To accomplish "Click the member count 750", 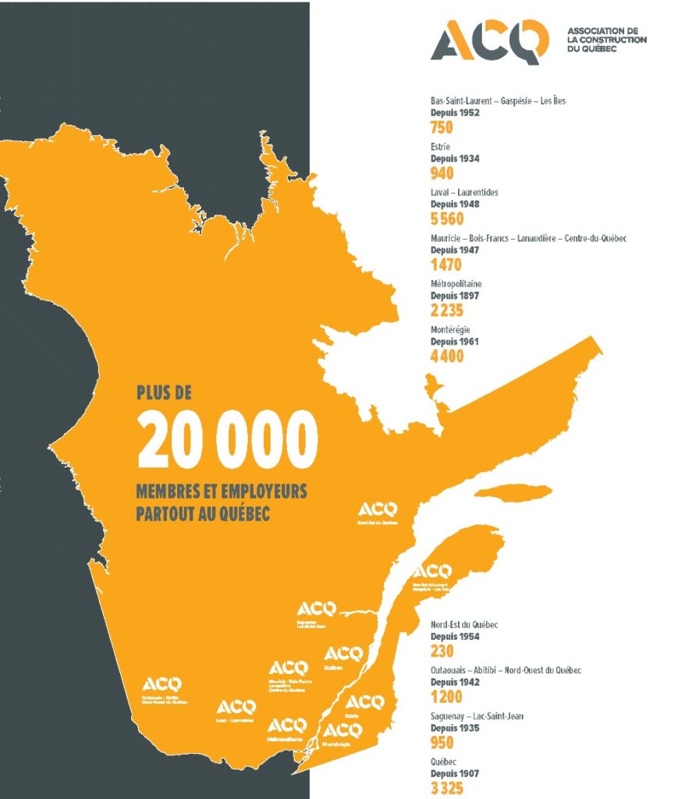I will click(x=442, y=128).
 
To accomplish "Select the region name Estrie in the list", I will click(x=441, y=147).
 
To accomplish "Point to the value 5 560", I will click(x=447, y=218).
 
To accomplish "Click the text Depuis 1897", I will click(x=455, y=296).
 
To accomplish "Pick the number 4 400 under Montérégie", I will click(x=447, y=356).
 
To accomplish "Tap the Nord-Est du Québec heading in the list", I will click(x=464, y=625).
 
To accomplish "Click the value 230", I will click(x=442, y=652).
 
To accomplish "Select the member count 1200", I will click(x=446, y=697).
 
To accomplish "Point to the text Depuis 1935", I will click(x=455, y=728).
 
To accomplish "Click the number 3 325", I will click(x=447, y=788).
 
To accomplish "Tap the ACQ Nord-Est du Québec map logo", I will click(x=378, y=511).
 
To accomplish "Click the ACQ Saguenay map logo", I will click(x=317, y=609).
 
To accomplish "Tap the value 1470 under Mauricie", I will click(x=446, y=265).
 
